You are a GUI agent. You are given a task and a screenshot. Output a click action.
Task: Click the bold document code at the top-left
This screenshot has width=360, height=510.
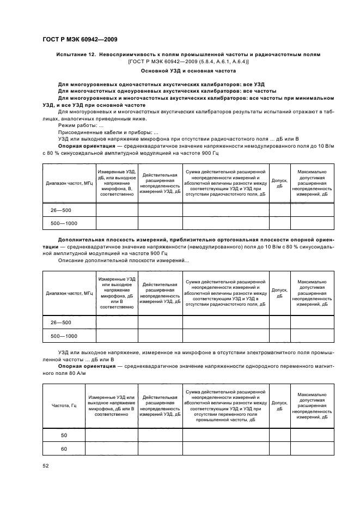click(80, 39)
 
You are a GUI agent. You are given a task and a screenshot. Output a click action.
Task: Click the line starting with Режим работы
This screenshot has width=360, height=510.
click(76, 125)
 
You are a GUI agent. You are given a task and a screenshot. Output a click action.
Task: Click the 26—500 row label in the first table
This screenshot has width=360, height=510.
click(61, 210)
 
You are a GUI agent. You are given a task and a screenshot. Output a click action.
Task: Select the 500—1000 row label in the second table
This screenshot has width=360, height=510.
click(64, 336)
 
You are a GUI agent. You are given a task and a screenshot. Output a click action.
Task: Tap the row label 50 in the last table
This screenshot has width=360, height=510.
click(64, 435)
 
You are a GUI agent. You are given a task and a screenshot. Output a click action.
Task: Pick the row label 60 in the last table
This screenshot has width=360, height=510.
click(64, 448)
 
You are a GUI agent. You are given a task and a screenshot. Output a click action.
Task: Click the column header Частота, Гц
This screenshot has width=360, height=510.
click(64, 406)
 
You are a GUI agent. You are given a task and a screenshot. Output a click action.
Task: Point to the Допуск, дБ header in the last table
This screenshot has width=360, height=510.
click(279, 406)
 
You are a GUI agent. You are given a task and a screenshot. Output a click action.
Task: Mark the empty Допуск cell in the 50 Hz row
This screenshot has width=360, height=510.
click(279, 435)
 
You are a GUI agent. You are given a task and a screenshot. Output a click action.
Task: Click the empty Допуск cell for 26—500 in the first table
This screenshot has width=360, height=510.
click(279, 210)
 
